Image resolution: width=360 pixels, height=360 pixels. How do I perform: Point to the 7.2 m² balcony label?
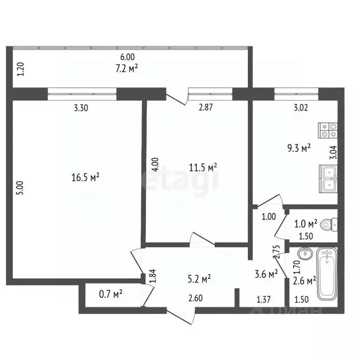127,69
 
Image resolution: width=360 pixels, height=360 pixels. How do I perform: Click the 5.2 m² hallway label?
199,279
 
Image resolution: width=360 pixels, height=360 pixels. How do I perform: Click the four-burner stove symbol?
328,129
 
